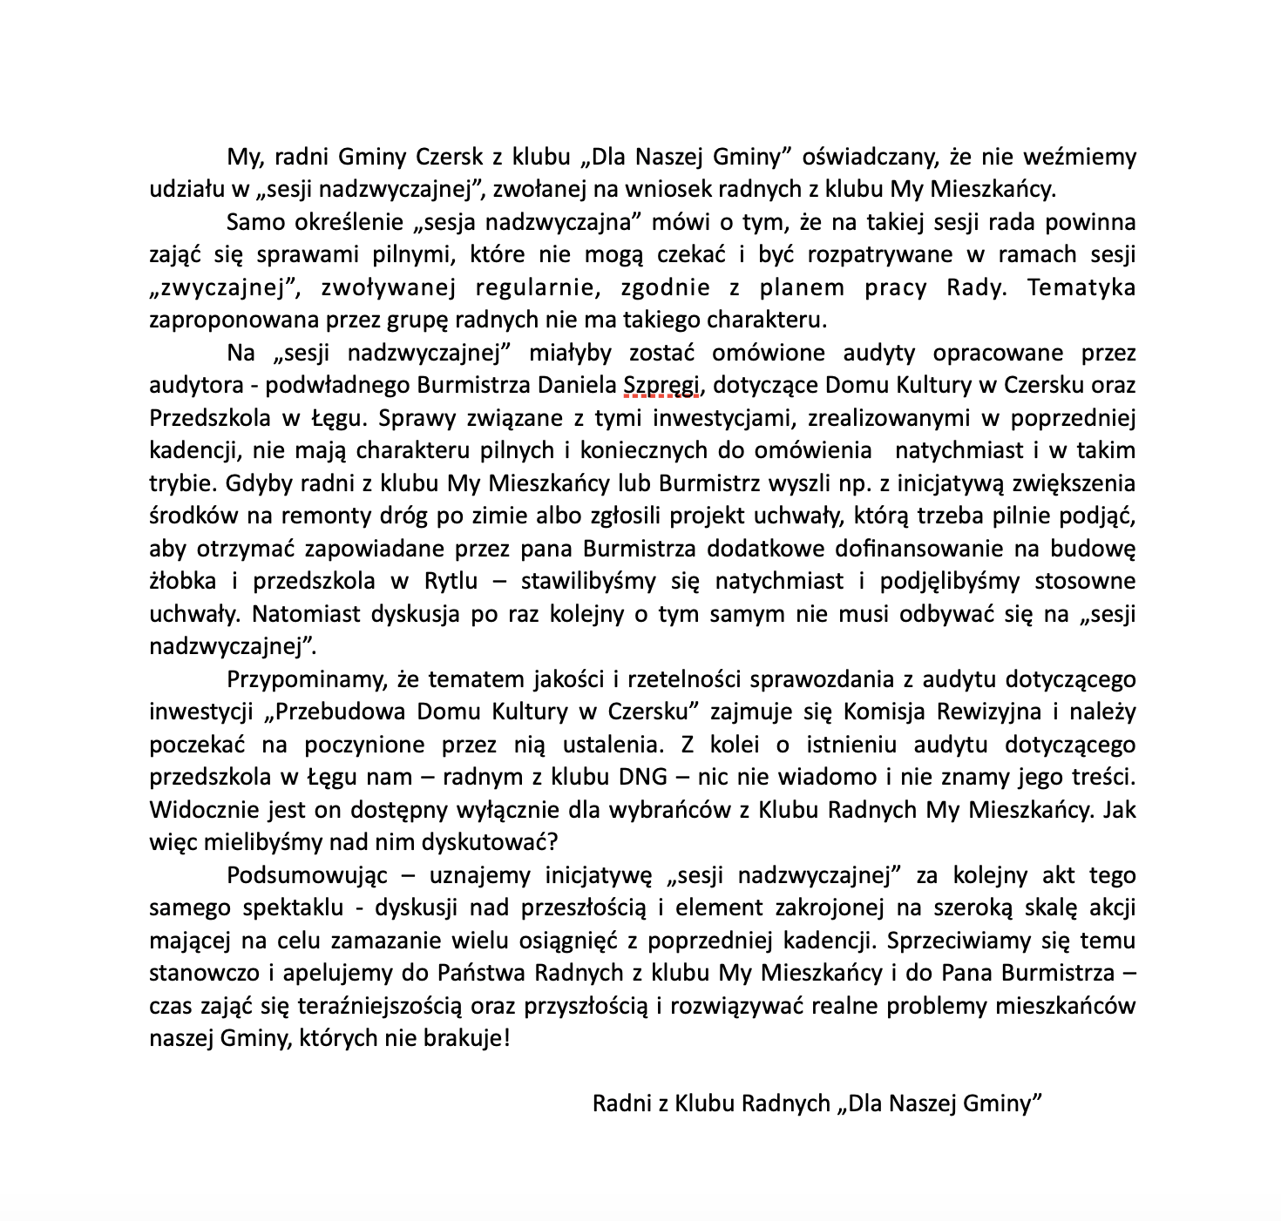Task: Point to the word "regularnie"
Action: click(532, 288)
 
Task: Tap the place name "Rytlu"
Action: click(470, 582)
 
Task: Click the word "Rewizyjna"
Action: click(988, 712)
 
